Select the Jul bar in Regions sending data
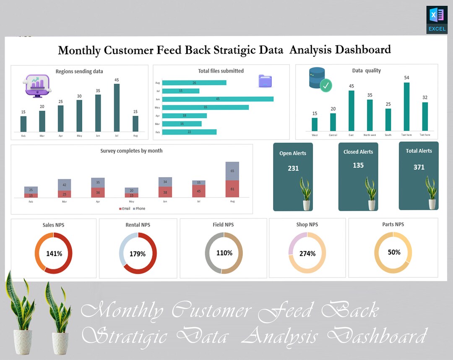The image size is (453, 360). (117, 108)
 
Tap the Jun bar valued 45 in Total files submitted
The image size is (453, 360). (218, 99)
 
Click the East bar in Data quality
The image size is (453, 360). (351, 111)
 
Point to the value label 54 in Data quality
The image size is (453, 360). (406, 78)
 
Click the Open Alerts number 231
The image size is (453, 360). (293, 168)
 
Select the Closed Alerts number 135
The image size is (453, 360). (358, 165)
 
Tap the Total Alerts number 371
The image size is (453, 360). (419, 167)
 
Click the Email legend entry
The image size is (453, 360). (125, 209)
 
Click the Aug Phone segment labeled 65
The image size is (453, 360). (232, 171)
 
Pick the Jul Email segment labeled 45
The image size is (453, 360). (199, 191)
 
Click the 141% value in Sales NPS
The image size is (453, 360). (54, 253)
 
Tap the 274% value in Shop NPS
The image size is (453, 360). (307, 253)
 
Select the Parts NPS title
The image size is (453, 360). (393, 224)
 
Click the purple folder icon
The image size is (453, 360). (265, 81)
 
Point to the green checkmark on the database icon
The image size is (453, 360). (326, 86)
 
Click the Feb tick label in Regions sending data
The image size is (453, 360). (23, 136)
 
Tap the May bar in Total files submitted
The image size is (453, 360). (206, 107)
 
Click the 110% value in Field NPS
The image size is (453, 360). (224, 253)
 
